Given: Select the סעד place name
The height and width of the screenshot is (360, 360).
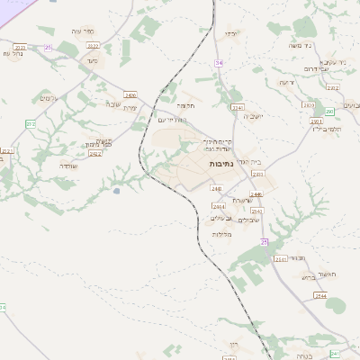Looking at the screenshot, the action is click(x=92, y=60).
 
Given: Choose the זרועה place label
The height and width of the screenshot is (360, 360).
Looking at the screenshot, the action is click(x=286, y=83).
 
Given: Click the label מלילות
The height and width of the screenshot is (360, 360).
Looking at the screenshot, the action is click(x=222, y=234).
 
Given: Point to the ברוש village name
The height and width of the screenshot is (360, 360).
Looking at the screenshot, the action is click(x=309, y=277).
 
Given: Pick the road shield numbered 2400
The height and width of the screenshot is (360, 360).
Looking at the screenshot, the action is click(x=130, y=94).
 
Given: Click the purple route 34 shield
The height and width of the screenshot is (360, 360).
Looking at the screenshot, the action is click(x=219, y=62).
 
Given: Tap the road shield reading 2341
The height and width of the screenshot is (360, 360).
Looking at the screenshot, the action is click(x=238, y=107).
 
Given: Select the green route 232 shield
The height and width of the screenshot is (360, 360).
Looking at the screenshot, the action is click(x=31, y=123).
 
